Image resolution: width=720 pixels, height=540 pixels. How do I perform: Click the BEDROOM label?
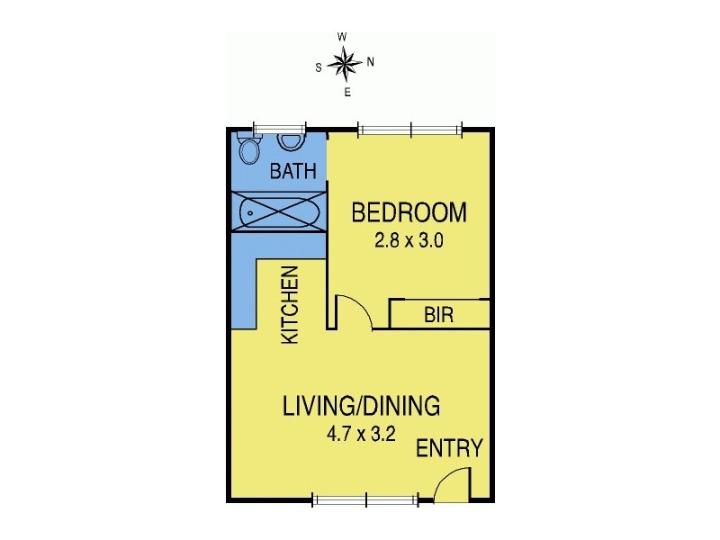[x=409, y=213]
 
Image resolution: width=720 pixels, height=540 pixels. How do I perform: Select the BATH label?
[x=293, y=171]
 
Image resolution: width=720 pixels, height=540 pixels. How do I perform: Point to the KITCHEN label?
[x=291, y=305]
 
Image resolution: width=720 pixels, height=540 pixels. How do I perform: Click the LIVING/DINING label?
[x=362, y=406]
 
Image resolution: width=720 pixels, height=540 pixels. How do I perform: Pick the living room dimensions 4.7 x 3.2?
[x=363, y=434]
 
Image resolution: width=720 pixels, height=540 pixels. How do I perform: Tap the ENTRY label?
[x=449, y=448]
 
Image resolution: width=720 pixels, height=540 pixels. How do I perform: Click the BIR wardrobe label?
[x=438, y=315]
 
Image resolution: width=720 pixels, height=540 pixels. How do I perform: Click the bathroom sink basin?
[x=290, y=140]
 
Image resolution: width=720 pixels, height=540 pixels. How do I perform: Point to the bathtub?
[x=278, y=213]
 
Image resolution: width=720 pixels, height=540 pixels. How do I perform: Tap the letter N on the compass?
[x=370, y=62]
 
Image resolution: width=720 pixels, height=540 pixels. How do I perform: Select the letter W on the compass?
[x=342, y=37]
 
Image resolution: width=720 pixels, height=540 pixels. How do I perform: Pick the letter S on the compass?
[x=319, y=67]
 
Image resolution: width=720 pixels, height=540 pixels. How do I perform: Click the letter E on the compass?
[x=347, y=92]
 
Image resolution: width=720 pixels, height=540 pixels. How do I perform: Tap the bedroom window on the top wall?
[x=410, y=129]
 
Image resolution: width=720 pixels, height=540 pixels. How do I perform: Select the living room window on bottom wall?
[x=366, y=499]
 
